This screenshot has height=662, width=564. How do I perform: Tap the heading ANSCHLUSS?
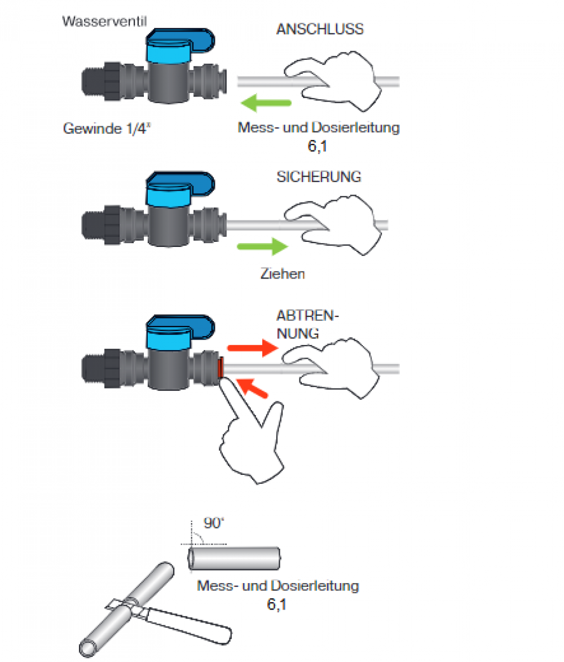tap(320, 30)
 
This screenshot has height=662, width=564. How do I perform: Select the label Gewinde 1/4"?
tap(108, 129)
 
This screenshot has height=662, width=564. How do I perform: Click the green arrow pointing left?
tap(265, 103)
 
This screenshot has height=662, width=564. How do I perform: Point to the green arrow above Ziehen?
tap(262, 246)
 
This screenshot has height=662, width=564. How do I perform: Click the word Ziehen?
tap(283, 274)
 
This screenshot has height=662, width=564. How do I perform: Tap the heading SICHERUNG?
tap(319, 176)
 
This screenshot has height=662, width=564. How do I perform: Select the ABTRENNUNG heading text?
tap(307, 324)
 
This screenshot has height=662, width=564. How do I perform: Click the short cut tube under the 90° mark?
tap(234, 558)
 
